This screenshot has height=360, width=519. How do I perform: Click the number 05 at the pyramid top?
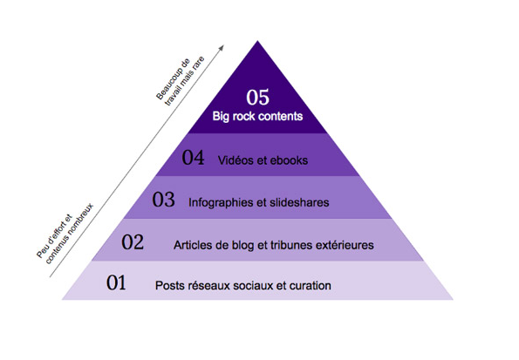click(257, 97)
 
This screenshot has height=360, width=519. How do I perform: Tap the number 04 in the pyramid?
click(193, 157)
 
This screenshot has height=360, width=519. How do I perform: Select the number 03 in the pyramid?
click(163, 200)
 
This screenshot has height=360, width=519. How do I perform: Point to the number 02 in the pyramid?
click(133, 241)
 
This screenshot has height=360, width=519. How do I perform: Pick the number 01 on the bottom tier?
click(116, 283)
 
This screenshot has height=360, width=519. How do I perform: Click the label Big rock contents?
click(257, 116)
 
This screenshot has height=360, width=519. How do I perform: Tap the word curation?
click(311, 286)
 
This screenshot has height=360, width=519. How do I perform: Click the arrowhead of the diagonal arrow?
click(222, 47)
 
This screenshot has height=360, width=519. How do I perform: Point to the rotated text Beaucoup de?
click(173, 78)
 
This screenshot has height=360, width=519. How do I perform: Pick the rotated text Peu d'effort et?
click(54, 236)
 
